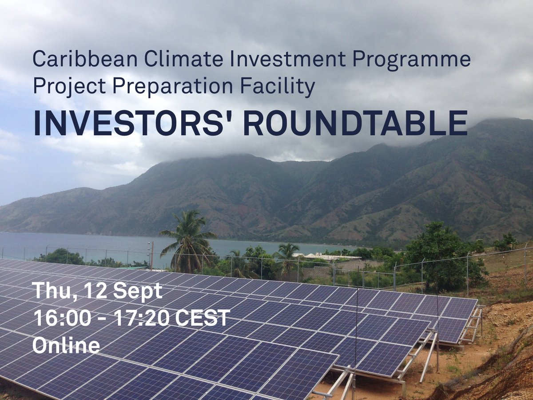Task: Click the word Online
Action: coord(66,345)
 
